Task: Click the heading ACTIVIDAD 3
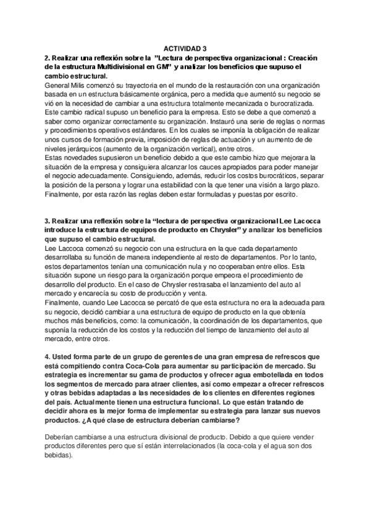click(185, 48)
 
